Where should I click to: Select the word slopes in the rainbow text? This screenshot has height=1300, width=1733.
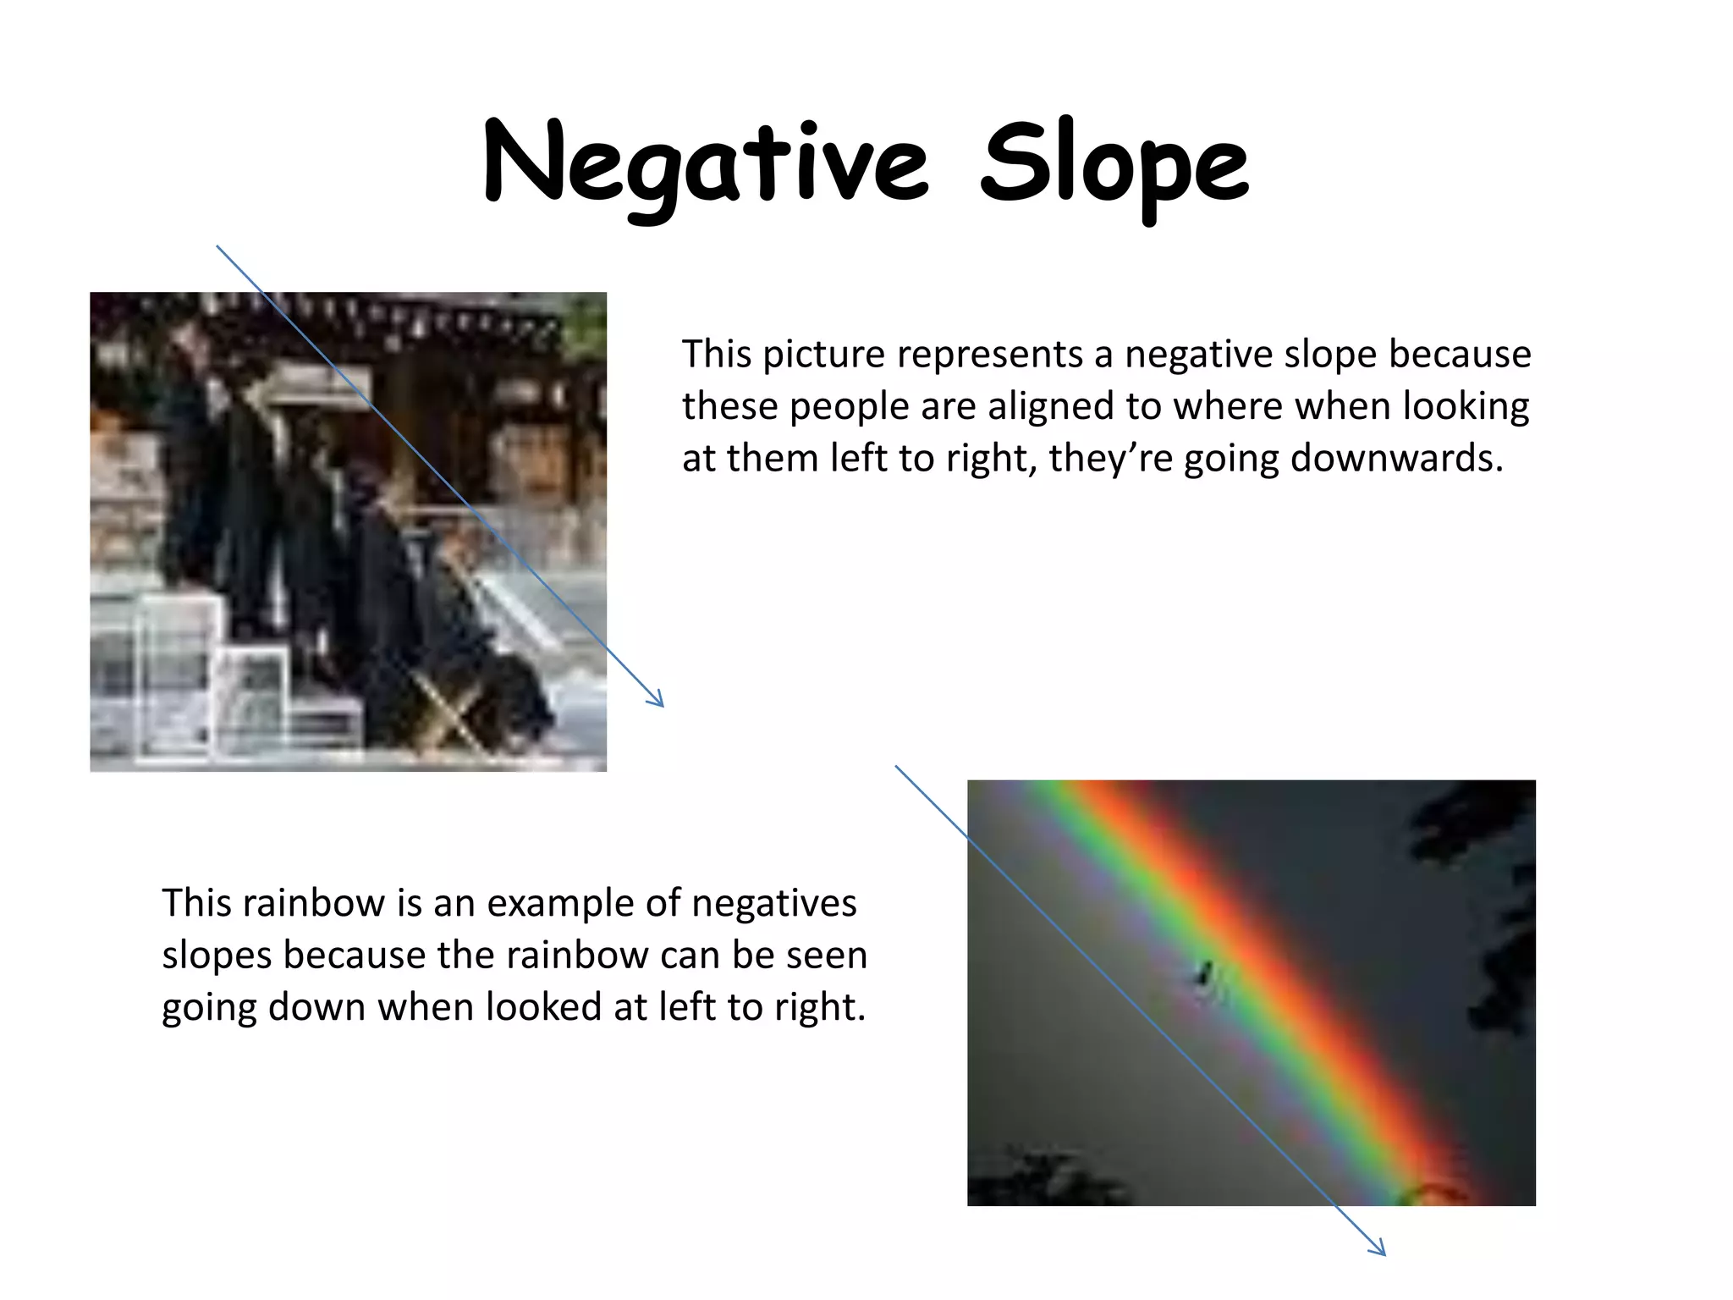click(216, 956)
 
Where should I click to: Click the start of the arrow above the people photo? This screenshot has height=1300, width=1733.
click(217, 247)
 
